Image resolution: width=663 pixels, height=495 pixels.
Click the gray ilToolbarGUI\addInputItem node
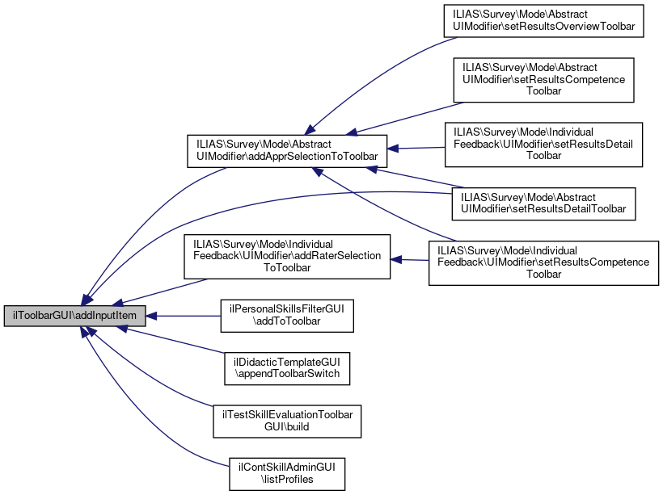click(75, 316)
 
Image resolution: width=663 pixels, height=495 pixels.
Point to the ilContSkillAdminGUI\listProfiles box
click(287, 473)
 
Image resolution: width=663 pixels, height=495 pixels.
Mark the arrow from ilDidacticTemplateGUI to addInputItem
click(174, 340)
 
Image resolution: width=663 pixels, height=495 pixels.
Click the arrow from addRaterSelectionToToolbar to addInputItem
click(162, 291)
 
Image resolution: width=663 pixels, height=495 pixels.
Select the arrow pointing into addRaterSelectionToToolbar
click(409, 260)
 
